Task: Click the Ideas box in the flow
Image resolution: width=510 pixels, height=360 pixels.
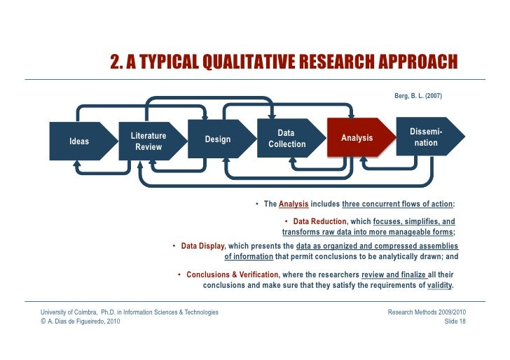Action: pos(79,141)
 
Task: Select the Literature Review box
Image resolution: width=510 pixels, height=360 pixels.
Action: pos(149,141)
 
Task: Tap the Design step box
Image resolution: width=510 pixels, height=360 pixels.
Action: pos(218,139)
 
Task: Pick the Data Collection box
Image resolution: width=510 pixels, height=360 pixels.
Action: pos(287,139)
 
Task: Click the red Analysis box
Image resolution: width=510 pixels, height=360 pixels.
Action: pos(357,138)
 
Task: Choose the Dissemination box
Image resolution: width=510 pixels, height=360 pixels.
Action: pos(426,137)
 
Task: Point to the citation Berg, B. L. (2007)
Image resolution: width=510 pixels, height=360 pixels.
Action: pos(418,95)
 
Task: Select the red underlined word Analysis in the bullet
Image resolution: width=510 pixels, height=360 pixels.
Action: pos(294,205)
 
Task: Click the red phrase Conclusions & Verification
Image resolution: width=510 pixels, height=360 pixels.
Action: pos(232,275)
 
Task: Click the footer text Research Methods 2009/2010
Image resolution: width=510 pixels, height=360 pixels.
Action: pos(427,312)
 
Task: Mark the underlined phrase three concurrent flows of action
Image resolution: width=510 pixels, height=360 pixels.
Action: pos(397,205)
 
